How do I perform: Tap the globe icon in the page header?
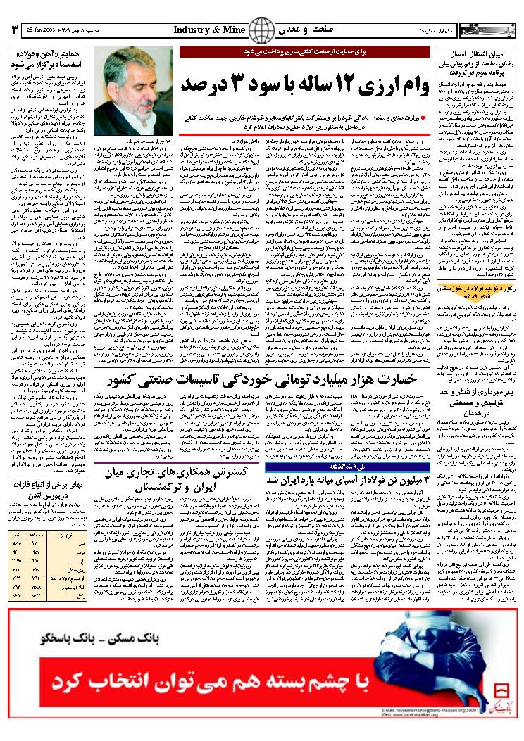261,31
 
